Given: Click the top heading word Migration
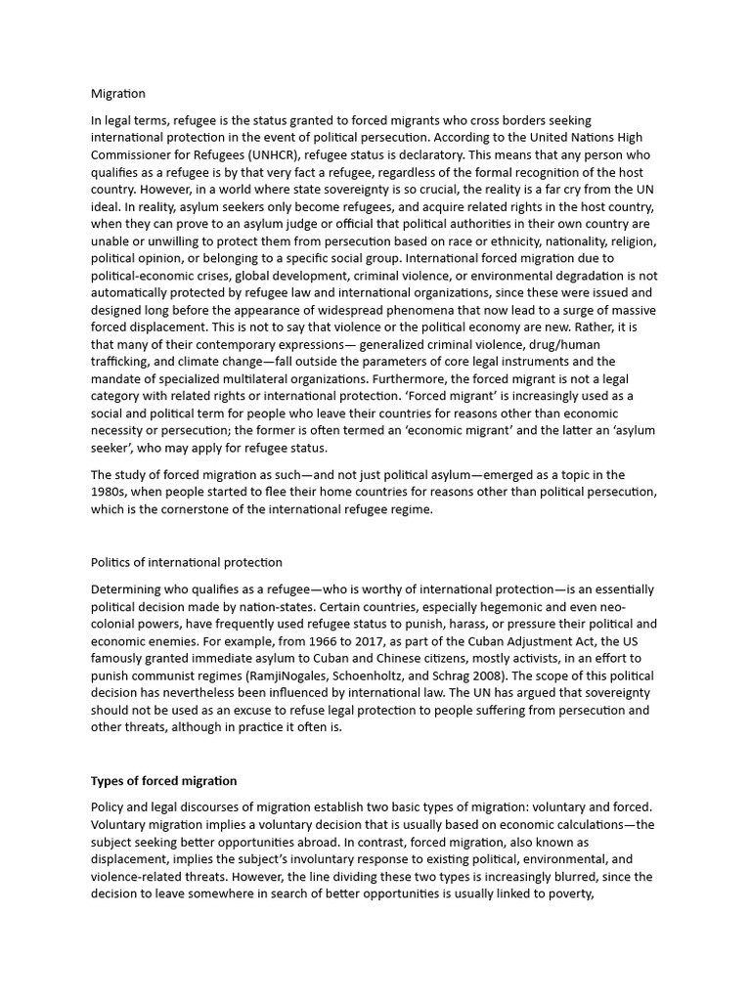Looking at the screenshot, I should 117,94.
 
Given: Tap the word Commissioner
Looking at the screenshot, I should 131,155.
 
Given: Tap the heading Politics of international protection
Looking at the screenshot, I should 186,562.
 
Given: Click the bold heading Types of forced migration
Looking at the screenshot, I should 163,781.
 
